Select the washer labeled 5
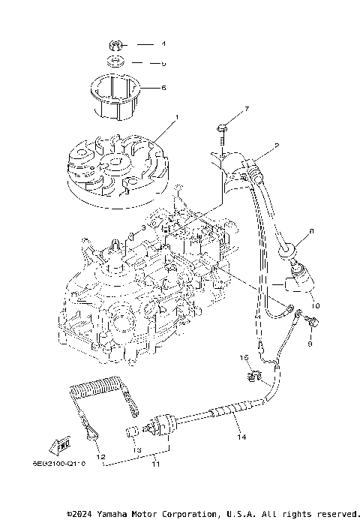[x=114, y=62]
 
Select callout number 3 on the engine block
[x=142, y=227]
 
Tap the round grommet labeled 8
[x=290, y=248]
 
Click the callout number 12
[x=99, y=456]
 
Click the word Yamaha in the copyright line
[x=121, y=514]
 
